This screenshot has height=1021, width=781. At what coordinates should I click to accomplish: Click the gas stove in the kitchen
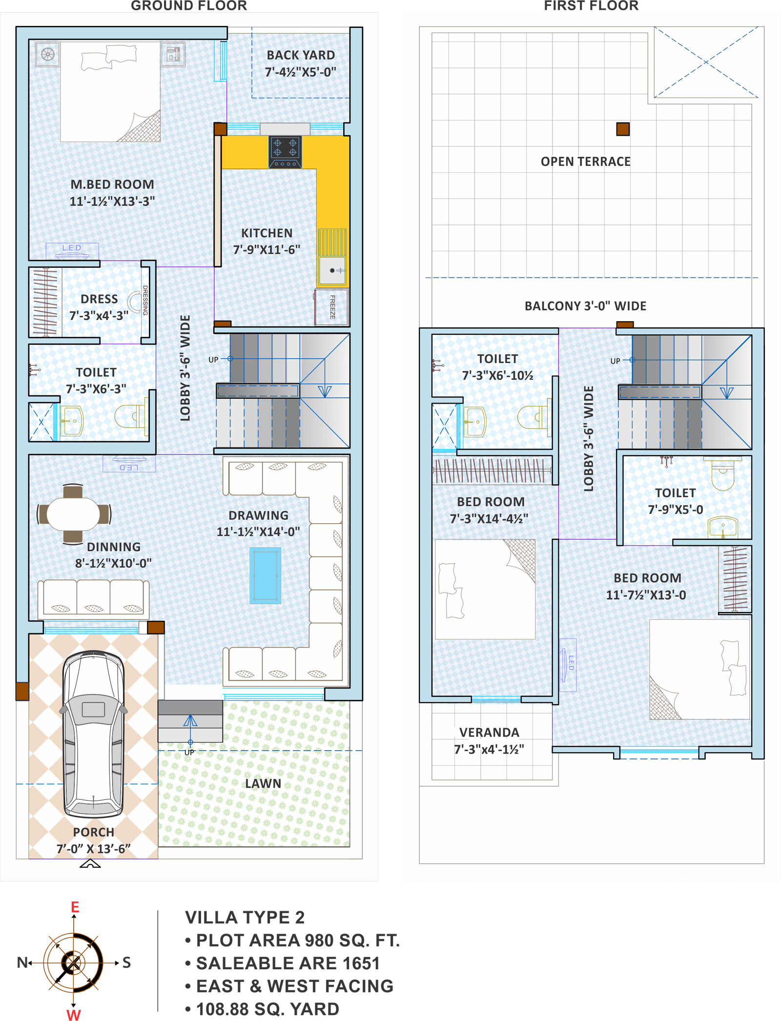285,152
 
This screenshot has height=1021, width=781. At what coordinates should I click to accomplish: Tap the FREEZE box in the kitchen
332,307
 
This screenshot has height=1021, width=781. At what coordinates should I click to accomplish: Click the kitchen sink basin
332,270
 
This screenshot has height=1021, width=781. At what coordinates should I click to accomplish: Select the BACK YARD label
301,55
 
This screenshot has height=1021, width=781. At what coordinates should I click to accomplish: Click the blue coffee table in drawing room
265,575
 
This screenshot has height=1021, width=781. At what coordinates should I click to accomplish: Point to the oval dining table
74,514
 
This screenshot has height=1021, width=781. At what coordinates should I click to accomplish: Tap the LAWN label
263,783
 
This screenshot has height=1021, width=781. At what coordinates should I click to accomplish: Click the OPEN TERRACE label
585,162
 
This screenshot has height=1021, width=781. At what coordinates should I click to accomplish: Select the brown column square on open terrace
622,129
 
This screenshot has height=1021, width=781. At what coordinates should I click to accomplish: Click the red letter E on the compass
75,907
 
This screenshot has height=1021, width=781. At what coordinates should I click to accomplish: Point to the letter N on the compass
22,962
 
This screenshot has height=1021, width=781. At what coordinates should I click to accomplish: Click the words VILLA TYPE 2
245,918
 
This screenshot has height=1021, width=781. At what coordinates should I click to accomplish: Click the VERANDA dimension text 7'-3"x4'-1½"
489,749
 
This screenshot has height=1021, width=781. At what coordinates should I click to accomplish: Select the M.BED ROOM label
112,184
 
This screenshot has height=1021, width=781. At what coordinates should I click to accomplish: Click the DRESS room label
99,299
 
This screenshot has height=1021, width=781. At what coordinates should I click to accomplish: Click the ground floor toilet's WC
130,416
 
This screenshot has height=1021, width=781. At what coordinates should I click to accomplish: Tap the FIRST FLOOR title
591,6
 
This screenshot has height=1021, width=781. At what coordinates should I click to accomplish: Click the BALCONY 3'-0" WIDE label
585,306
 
